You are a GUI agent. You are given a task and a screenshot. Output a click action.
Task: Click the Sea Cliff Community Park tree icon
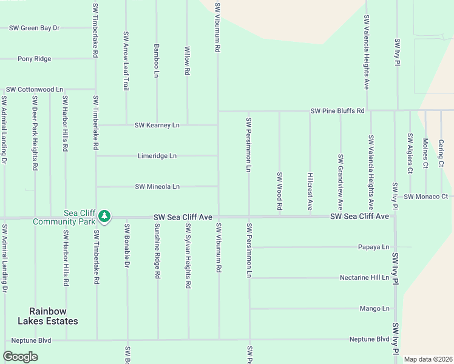(x=104, y=216)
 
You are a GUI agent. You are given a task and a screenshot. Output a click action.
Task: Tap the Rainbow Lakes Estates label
(x=48, y=316)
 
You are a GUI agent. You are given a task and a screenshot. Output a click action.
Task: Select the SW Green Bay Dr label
(x=35, y=28)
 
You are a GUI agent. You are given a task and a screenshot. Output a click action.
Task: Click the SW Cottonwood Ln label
(x=35, y=89)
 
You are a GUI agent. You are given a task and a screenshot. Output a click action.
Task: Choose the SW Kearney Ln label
(x=157, y=125)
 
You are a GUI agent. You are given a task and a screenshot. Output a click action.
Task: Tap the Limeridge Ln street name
(x=157, y=156)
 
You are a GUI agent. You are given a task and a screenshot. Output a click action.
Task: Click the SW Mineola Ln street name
(x=157, y=186)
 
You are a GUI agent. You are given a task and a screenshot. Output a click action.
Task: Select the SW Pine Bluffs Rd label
(x=337, y=111)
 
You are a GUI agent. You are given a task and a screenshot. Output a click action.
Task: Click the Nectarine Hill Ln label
(x=364, y=277)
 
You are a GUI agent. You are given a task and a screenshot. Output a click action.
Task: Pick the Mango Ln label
(x=374, y=308)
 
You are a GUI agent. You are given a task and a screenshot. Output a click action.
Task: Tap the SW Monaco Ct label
(x=425, y=197)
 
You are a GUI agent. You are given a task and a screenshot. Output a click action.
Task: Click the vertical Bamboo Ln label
(x=157, y=60)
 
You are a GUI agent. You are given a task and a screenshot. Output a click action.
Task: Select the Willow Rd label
(x=187, y=61)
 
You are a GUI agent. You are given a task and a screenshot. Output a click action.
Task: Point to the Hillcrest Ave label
(x=310, y=191)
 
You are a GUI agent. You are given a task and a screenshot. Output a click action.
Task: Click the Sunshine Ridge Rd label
(x=157, y=251)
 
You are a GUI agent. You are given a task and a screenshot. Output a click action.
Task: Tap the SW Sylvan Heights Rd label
(x=188, y=255)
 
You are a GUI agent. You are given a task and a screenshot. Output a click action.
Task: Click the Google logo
(x=21, y=357)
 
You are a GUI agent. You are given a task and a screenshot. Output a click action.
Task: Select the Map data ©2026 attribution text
(x=428, y=359)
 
